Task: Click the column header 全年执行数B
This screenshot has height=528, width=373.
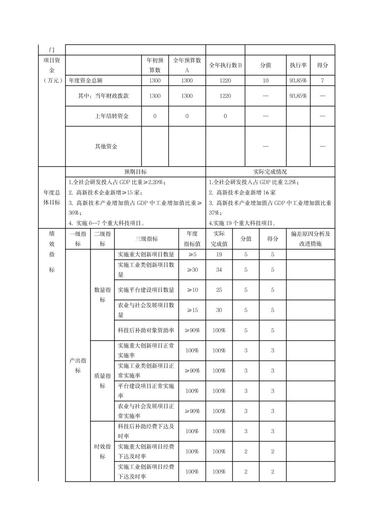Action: tap(225, 65)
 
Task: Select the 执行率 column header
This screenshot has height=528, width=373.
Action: tap(298, 65)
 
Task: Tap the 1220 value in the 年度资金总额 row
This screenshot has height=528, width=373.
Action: tap(225, 81)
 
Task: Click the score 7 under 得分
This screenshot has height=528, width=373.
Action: tap(322, 81)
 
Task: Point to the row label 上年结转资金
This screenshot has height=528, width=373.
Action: tap(111, 116)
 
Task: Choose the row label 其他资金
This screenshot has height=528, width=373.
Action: tap(106, 146)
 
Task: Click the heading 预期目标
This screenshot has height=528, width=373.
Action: tap(135, 172)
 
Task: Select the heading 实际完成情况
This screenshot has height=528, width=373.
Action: tap(270, 172)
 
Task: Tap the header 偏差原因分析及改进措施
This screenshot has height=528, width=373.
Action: tap(310, 239)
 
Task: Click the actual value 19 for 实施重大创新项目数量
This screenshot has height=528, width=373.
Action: tap(219, 254)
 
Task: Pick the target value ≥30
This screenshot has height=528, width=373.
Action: tap(192, 270)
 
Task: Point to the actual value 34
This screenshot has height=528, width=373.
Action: tap(219, 270)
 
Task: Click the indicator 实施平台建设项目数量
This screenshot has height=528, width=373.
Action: tap(146, 290)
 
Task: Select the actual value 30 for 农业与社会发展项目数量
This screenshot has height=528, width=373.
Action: tap(219, 310)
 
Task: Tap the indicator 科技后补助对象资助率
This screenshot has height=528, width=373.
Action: tap(146, 330)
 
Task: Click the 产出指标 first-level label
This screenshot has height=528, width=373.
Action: tap(78, 365)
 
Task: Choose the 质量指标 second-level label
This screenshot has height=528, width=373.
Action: tap(102, 381)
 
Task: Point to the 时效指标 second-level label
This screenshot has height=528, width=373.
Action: tap(102, 451)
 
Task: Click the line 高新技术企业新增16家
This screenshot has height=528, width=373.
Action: tap(242, 192)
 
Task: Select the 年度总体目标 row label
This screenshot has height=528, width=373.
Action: tap(52, 197)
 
